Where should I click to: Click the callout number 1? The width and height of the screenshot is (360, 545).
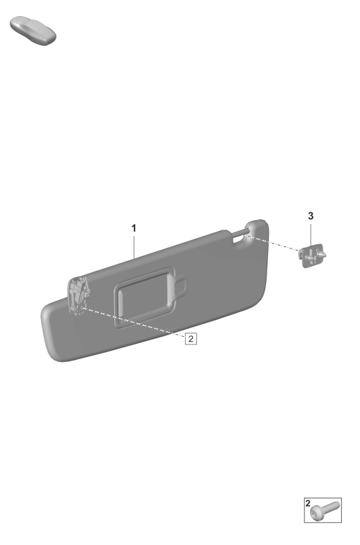click(134, 228)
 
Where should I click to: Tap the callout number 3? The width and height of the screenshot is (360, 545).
click(311, 216)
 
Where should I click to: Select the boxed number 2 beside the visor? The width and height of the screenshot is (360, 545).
click(191, 338)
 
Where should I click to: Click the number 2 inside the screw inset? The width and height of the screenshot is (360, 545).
click(308, 503)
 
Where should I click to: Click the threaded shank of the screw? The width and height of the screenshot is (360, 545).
click(331, 507)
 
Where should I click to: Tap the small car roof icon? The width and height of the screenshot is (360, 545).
click(33, 30)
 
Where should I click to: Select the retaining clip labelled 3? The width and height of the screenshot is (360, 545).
click(311, 256)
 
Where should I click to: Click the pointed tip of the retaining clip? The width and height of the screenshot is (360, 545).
click(326, 255)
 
